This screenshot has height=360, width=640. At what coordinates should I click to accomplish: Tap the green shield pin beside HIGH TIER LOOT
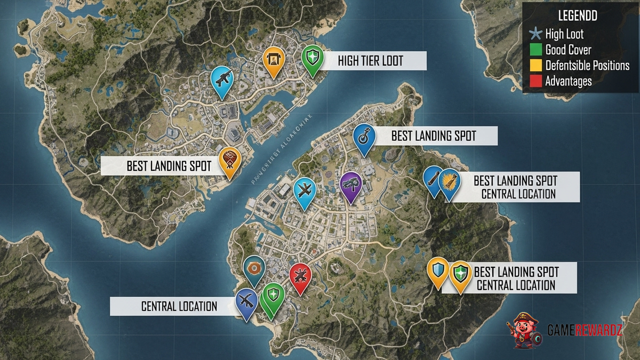(x=311, y=58)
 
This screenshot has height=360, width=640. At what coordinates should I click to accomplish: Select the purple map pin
(x=350, y=185)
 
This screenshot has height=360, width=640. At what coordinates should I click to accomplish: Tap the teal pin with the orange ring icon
(x=254, y=268)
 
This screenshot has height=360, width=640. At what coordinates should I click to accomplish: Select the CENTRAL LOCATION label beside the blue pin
(x=179, y=307)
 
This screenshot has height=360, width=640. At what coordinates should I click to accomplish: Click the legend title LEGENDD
(x=577, y=16)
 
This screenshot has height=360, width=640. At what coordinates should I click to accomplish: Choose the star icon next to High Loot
(x=535, y=35)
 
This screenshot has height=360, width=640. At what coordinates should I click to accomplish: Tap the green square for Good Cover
(x=535, y=51)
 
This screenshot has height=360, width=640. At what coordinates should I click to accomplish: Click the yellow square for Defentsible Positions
(x=535, y=66)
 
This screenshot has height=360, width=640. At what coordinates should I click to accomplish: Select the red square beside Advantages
(x=535, y=82)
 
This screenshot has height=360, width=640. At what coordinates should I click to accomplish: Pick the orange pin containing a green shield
(x=459, y=275)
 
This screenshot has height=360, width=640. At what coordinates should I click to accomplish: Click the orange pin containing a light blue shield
(x=438, y=270)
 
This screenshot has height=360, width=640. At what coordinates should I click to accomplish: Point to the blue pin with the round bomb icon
(x=364, y=138)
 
